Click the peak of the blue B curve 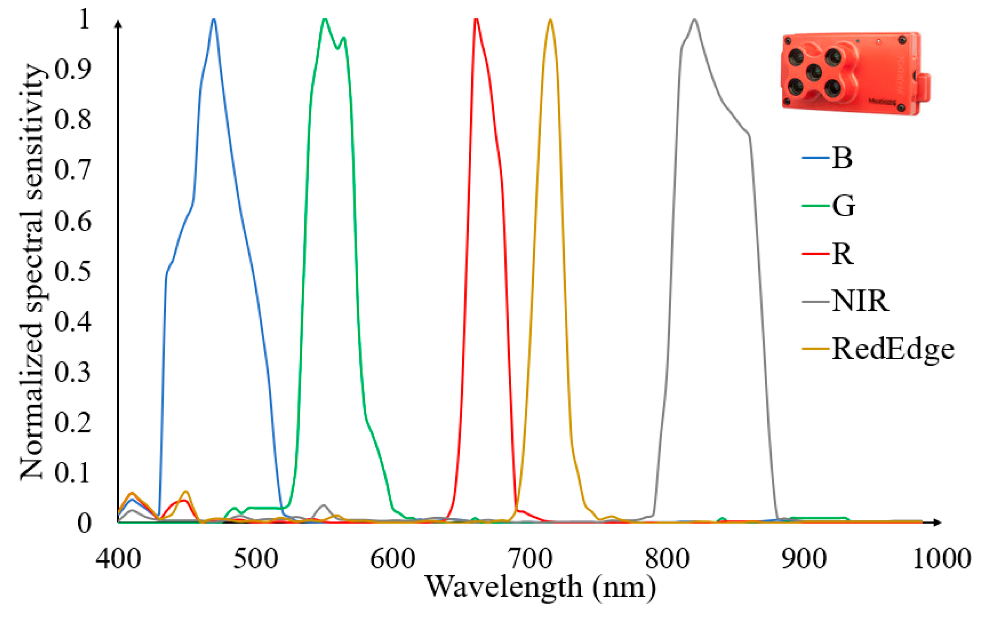214,19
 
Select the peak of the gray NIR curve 694,20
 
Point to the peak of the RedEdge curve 550,20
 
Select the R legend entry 842,253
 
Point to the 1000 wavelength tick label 942,558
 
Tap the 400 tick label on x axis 118,558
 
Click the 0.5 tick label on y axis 73,271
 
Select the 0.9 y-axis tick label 73,69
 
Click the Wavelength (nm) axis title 540,587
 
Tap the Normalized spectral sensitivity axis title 32,271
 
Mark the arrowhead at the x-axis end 937,522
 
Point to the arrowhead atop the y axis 118,24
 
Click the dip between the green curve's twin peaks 337,48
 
